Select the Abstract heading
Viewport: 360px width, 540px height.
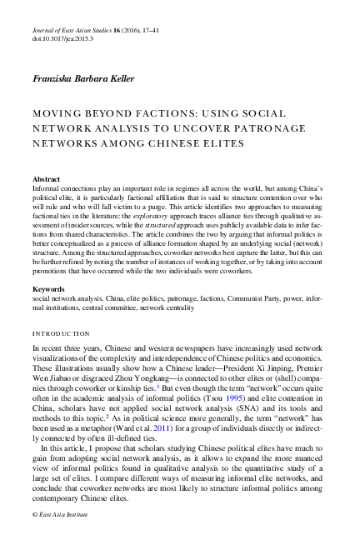(x=46, y=179)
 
